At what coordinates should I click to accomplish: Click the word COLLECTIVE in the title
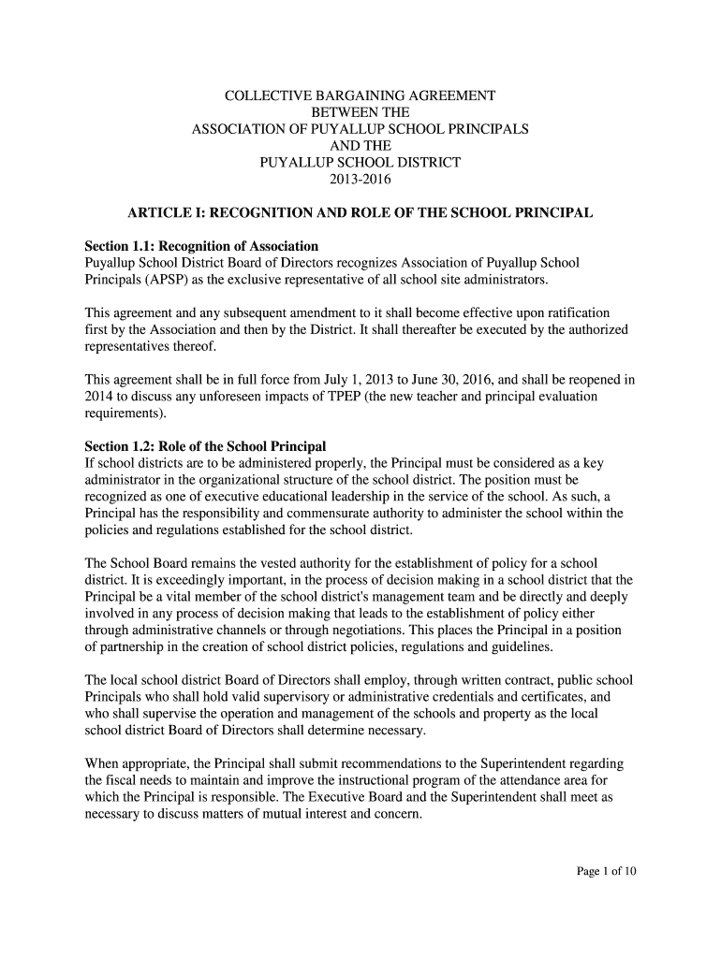coord(265,95)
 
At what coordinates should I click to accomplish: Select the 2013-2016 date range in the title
coord(360,179)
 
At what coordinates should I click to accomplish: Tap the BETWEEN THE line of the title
coord(360,112)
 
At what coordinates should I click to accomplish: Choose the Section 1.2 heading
coord(205,445)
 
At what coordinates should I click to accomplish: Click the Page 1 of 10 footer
coord(606,872)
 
